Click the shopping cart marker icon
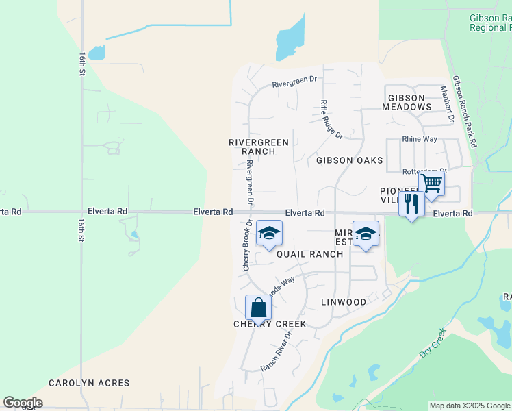431,184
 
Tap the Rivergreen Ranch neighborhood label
259,147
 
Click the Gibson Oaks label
349,160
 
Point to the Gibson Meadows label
407,102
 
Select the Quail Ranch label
309,254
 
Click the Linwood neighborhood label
344,302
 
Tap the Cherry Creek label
270,324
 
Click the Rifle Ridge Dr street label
331,119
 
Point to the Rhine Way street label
420,139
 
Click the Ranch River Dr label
277,352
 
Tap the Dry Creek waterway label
432,342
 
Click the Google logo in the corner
23,403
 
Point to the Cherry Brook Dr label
246,245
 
